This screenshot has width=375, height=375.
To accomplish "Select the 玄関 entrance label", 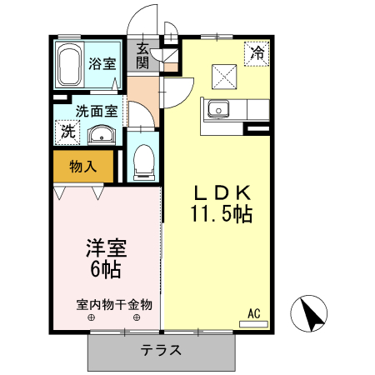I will click(x=143, y=56).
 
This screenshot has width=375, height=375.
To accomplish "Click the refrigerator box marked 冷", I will click(x=257, y=52).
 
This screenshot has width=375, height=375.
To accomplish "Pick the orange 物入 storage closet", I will click(x=82, y=166).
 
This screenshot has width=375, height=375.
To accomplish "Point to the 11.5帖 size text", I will click(x=221, y=213).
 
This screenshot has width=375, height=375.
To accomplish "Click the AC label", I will click(x=254, y=313).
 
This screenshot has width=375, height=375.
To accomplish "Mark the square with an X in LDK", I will click(x=223, y=77).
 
